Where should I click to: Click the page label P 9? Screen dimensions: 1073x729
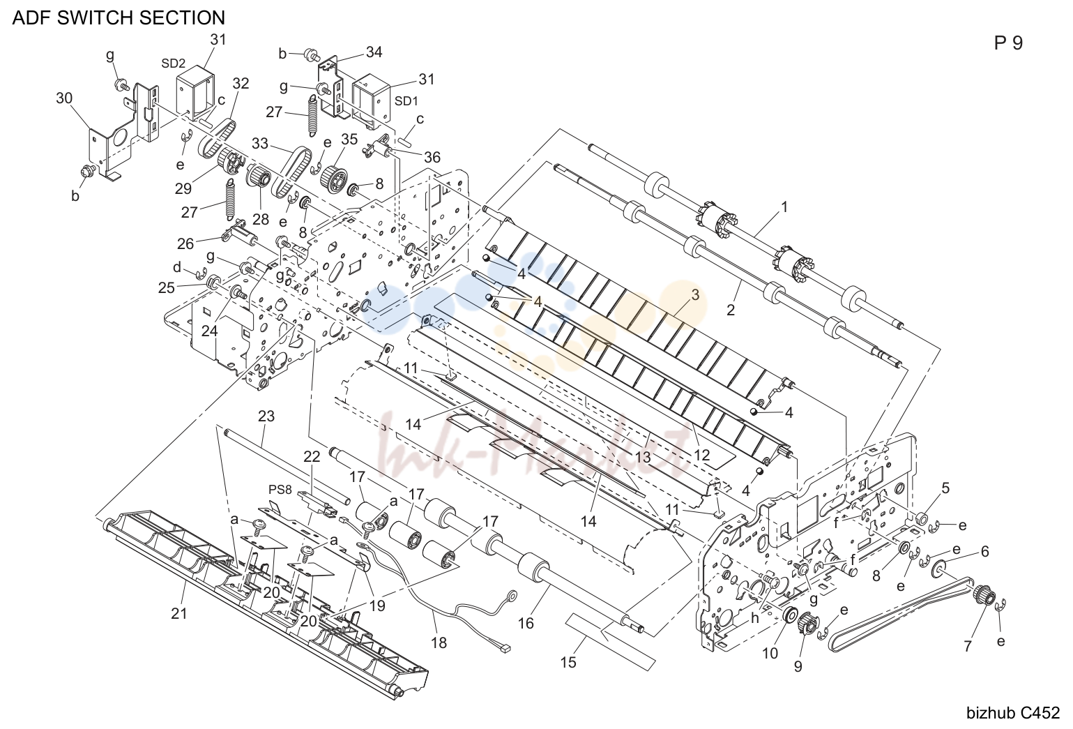tap(1008, 43)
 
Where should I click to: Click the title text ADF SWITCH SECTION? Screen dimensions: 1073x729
tap(119, 17)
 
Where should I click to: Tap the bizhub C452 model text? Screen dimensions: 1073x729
tap(1012, 713)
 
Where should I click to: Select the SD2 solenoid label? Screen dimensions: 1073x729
tap(173, 63)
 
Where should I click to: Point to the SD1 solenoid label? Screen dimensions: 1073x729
tap(406, 101)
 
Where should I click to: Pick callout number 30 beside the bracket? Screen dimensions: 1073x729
tap(64, 98)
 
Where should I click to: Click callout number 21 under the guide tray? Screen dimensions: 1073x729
tap(178, 613)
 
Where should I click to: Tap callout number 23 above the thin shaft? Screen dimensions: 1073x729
tap(266, 416)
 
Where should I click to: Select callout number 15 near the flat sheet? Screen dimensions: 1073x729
tap(568, 663)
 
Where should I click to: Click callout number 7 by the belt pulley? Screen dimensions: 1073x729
tap(967, 647)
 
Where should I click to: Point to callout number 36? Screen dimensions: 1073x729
tap(432, 157)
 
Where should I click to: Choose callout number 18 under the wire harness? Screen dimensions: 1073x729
tap(439, 642)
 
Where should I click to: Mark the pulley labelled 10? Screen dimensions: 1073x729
tap(788, 615)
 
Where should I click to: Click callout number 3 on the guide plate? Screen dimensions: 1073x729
tap(695, 295)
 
